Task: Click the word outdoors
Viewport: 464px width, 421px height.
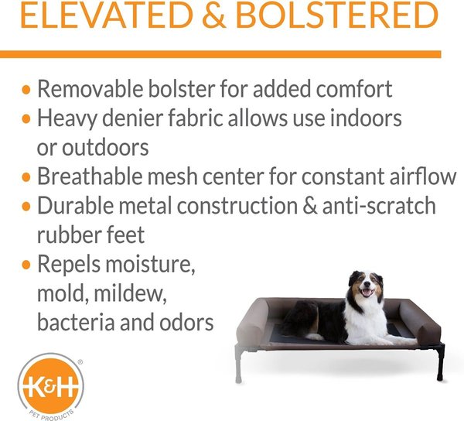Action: [x=104, y=147]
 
